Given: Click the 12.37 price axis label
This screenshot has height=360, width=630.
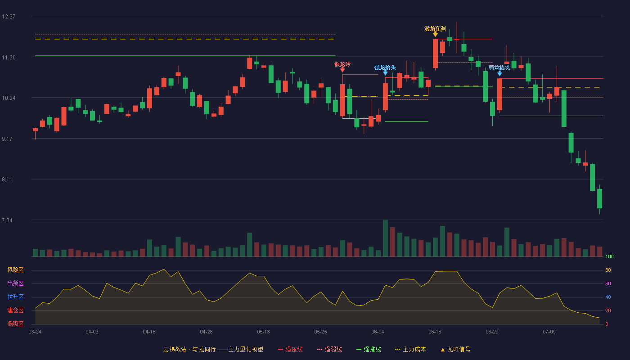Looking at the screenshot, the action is point(9,17).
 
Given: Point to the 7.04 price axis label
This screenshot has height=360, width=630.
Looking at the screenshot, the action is point(7,220).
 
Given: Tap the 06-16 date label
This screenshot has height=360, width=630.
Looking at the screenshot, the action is point(435,332).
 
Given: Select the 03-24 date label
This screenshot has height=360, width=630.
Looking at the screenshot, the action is point(35,332).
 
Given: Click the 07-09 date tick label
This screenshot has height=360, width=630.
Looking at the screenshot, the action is point(549,332).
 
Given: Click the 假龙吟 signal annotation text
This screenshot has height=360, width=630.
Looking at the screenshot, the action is point(342,64).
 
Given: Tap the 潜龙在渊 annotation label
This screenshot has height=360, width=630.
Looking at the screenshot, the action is point(435,29).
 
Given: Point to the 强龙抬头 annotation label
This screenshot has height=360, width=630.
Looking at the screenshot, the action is point(385,67).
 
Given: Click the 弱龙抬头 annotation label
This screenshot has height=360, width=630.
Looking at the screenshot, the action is point(499,68).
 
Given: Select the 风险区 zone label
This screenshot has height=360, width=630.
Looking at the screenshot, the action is point(15,270).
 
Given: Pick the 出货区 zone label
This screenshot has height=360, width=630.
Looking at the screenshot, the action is point(15,283).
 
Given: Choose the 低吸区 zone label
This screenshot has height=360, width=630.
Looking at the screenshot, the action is point(15,324).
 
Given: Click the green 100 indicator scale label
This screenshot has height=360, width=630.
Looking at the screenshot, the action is point(609,256).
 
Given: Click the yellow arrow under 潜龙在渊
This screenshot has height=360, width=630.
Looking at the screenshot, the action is point(435,34).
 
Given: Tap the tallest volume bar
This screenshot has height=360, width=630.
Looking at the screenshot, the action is point(385,238).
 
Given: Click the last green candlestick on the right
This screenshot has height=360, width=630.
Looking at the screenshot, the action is point(599,198).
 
